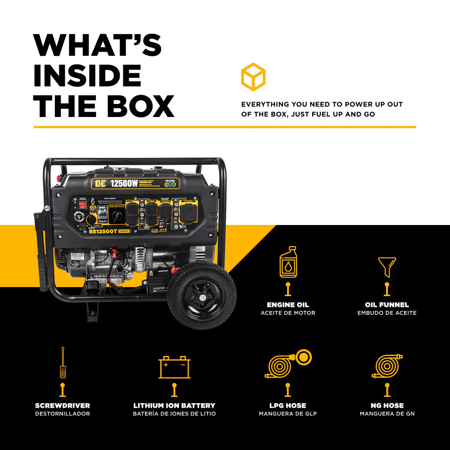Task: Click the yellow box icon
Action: [253, 76]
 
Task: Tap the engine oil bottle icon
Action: [288, 262]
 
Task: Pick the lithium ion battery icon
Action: [175, 367]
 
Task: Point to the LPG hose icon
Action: [288, 364]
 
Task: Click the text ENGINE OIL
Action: [288, 305]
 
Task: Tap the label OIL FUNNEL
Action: [387, 305]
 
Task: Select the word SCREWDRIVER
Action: [63, 405]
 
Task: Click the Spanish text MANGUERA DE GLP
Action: [288, 414]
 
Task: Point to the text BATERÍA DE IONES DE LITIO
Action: [175, 414]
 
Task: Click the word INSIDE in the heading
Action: [87, 75]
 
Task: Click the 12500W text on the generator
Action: [124, 184]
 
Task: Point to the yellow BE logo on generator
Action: [99, 184]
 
